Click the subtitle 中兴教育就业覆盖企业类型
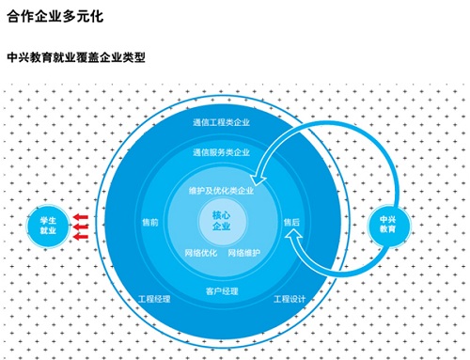[75, 56]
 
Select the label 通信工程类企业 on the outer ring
[221, 123]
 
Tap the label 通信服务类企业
[221, 152]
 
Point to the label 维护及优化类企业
[221, 191]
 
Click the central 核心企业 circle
[221, 223]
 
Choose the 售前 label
[149, 223]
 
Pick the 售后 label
[291, 223]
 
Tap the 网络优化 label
[200, 253]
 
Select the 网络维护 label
[244, 253]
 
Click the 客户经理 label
[221, 290]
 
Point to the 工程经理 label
[154, 299]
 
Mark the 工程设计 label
[290, 299]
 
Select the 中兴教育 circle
[387, 224]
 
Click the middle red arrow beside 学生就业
[83, 226]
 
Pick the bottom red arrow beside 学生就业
[83, 235]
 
